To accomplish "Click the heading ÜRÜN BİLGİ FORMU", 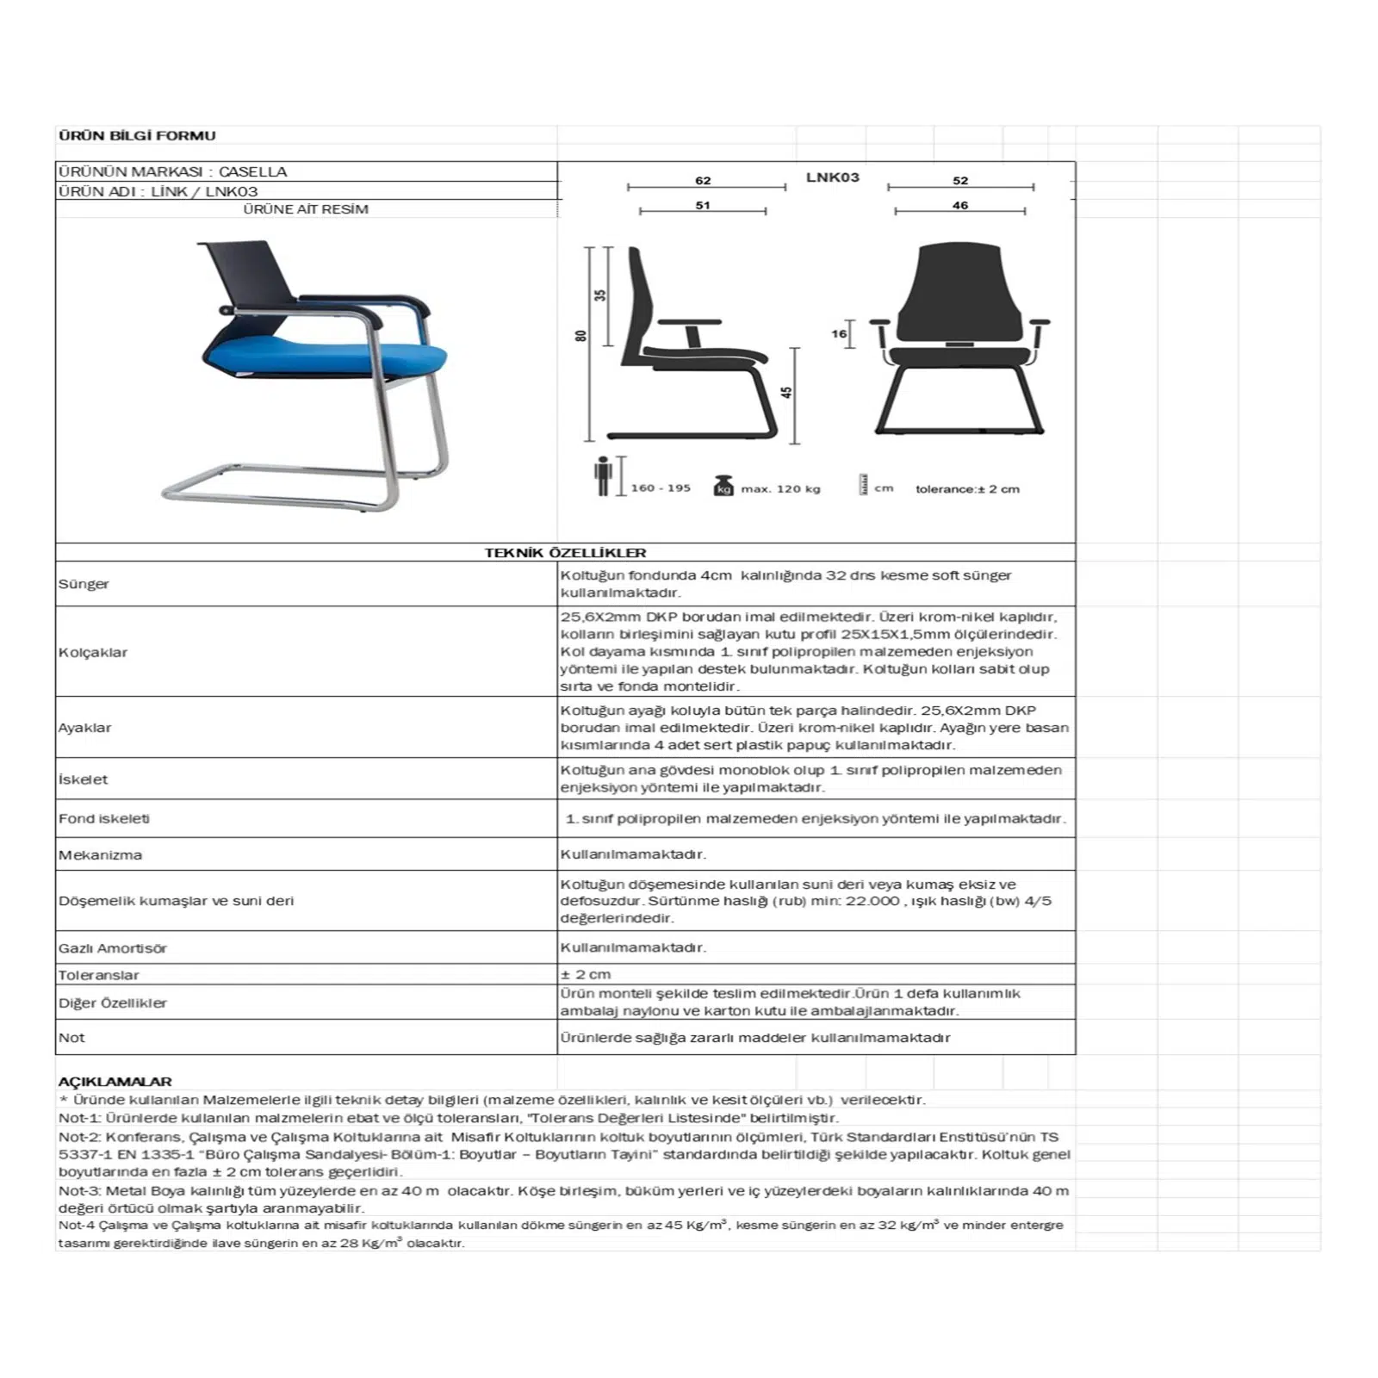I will pos(137,135).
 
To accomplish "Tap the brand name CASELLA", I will pos(252,171).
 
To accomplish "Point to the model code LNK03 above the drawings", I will pos(832,177).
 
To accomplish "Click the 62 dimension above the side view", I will pos(703,180).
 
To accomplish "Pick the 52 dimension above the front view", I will pos(960,180).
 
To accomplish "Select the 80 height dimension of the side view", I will pos(581,336).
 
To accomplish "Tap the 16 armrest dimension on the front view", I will pos(839,333).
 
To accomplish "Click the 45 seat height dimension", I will pos(786,392).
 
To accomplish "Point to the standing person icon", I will pos(603,476).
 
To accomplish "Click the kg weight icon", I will pos(723,486).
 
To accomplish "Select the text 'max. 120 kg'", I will pos(780,489).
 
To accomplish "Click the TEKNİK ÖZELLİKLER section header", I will pos(565,552).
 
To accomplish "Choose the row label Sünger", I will pos(84,584).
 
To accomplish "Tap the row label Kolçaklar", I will pos(93,652).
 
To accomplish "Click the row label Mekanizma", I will pos(100,855).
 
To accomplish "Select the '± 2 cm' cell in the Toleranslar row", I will pos(586,974).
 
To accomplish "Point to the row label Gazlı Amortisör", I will pos(113,948).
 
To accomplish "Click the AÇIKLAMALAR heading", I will pos(115,1081).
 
